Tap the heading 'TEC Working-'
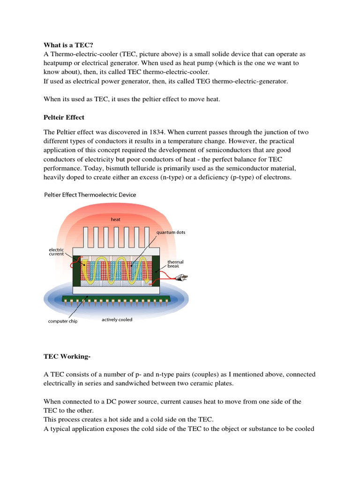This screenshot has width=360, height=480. coord(67,357)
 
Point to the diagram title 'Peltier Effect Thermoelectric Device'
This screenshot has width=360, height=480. coord(90,195)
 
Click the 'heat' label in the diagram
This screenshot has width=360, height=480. coord(115,219)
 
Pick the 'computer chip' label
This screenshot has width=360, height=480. coord(62,321)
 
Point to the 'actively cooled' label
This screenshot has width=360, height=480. coord(117,320)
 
